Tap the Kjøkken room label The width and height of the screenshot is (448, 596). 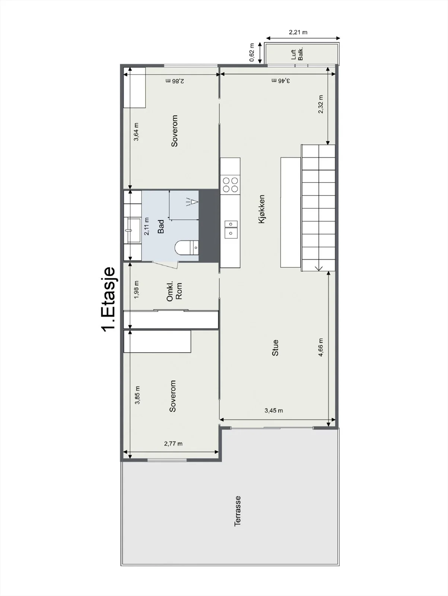click(261, 209)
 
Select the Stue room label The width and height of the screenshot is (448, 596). click(275, 348)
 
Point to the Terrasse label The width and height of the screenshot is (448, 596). click(238, 511)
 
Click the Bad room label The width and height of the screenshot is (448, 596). click(161, 226)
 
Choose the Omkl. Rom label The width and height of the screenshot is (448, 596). click(174, 291)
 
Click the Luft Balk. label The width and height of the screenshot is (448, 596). click(297, 54)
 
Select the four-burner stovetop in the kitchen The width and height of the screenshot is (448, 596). click(231, 184)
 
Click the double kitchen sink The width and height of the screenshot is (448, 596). click(231, 229)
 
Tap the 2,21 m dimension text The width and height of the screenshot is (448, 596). click(298, 32)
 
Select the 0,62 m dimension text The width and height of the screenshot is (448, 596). click(252, 53)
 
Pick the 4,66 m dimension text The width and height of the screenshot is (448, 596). click(321, 347)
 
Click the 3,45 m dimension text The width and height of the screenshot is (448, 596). click(273, 410)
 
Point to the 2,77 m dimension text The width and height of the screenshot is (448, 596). click(173, 444)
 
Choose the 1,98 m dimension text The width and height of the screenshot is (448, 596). click(137, 290)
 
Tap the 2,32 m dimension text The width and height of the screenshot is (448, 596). click(321, 104)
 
